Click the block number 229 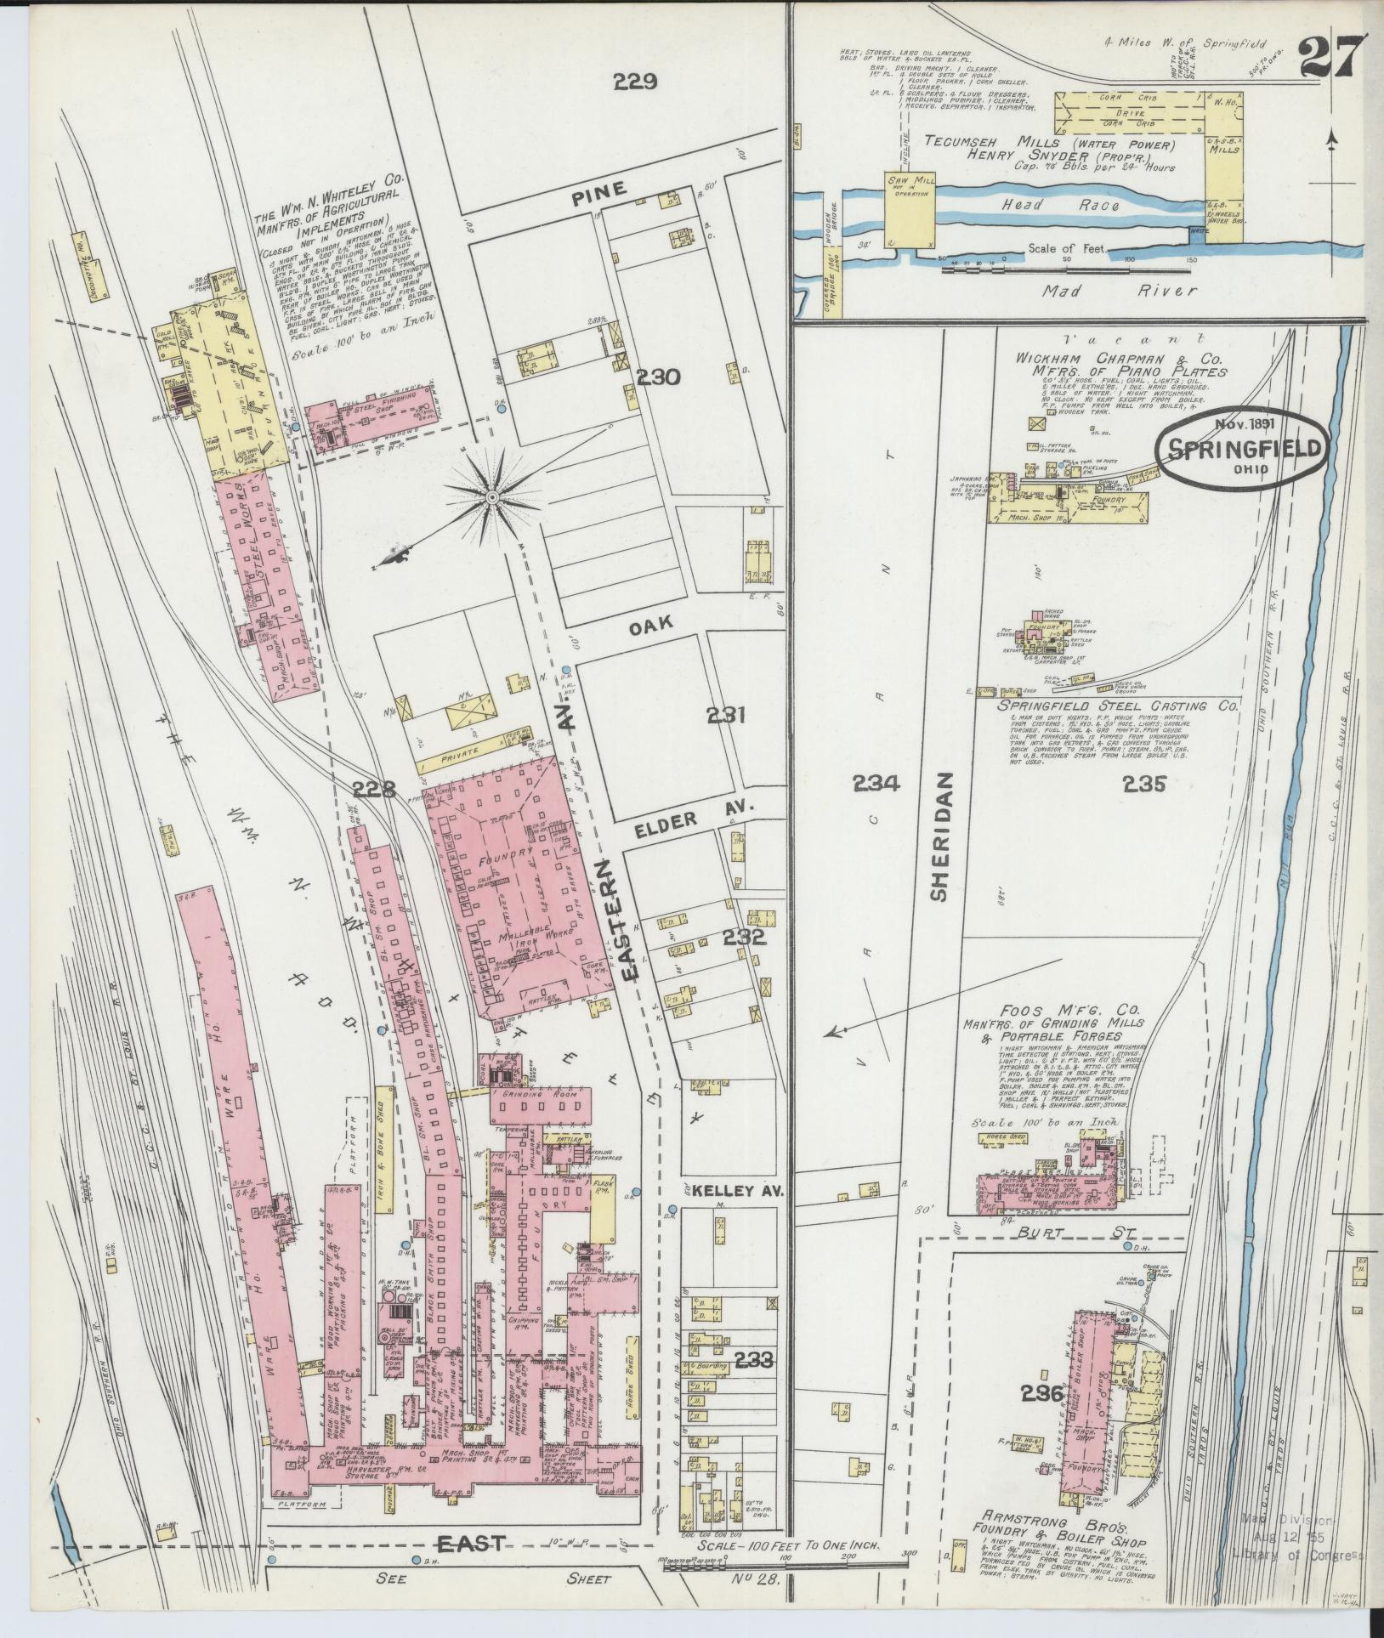[x=637, y=82]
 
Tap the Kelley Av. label [x=732, y=1192]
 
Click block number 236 [x=1044, y=1394]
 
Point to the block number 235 [x=1143, y=784]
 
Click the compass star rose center [x=492, y=496]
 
